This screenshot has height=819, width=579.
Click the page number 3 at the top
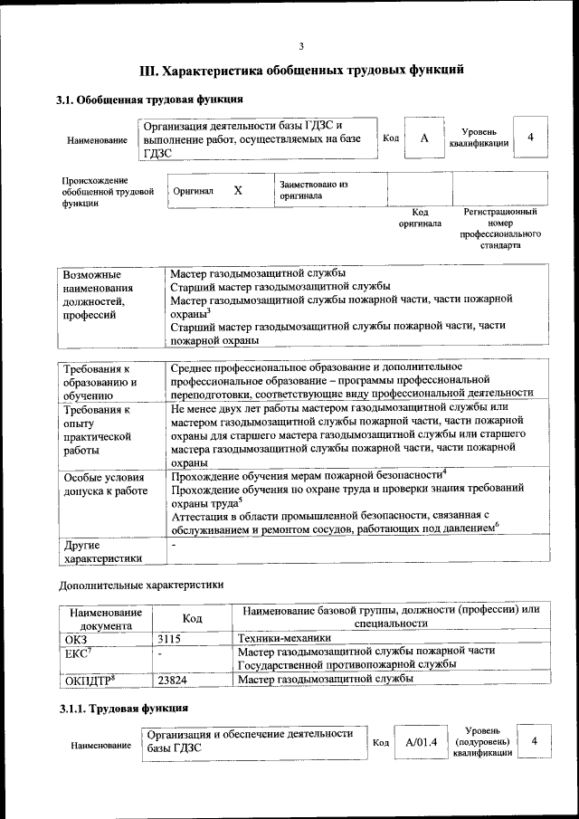coord(302,46)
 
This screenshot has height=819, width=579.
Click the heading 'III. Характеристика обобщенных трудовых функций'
coord(301,70)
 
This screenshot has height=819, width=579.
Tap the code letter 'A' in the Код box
coord(423,138)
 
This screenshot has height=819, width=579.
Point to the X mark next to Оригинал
coord(238,190)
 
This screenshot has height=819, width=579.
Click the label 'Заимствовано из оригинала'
coord(314,190)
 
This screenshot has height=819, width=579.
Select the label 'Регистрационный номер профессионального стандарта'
coord(500,228)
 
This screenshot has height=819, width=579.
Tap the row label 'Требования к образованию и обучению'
coord(100,382)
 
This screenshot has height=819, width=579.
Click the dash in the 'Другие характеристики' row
coord(174,545)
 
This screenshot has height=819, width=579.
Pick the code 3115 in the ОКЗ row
coord(169,637)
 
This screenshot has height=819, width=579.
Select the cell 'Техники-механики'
coord(278,637)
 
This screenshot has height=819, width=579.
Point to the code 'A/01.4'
coord(421,742)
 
